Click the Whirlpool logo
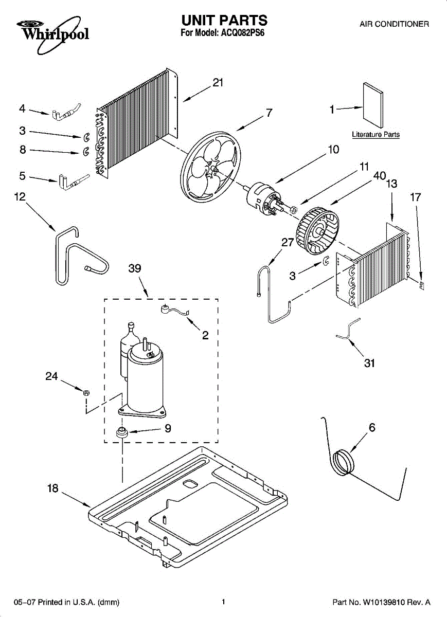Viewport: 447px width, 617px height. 52,32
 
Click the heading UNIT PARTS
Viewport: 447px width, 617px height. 224,21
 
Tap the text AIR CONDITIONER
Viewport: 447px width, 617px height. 394,24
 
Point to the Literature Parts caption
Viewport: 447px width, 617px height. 376,135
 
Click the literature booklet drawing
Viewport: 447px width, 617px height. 373,105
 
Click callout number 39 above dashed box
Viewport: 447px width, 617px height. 135,269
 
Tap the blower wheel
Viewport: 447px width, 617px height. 317,227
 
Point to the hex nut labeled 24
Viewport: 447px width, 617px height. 87,393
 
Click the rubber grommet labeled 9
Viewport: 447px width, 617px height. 122,432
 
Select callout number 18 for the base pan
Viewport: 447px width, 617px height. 53,489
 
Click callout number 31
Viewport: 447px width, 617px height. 369,364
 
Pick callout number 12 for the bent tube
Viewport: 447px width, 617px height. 20,197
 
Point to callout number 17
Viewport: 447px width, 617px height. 416,197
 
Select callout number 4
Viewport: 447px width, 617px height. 22,108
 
